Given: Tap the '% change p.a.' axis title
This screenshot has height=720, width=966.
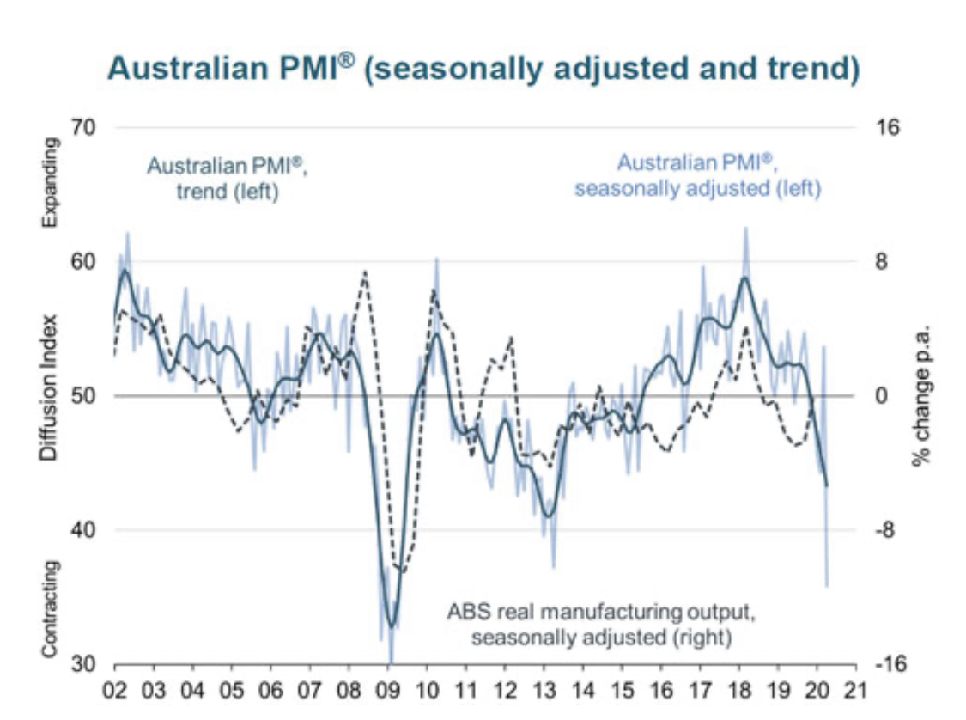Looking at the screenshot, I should pos(922,396).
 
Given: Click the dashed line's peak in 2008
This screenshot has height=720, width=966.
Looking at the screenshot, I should pos(366,272).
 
